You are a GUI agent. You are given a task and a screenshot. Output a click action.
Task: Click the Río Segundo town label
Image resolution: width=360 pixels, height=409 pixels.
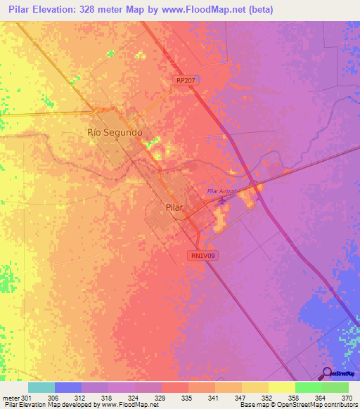115,132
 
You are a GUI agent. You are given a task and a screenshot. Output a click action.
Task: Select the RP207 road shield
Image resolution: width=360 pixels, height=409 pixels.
186,81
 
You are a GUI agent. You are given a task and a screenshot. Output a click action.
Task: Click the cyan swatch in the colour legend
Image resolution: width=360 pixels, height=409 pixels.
41,387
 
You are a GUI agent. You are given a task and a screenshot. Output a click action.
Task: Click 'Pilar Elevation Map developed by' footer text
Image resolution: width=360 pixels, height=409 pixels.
46,405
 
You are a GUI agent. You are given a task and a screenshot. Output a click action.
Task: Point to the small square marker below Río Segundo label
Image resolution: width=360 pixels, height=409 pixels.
115,140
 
